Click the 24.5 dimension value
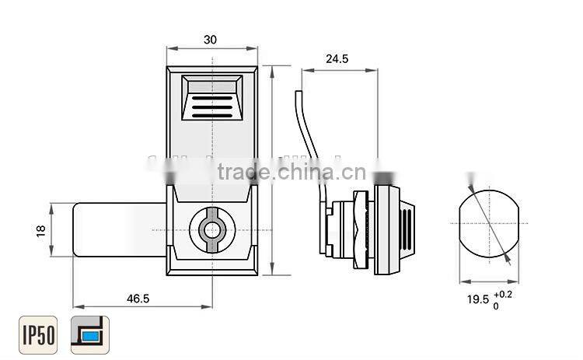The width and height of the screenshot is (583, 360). [338, 58]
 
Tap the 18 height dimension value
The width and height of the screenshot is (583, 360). [41, 229]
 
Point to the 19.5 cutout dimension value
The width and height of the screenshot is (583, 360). [477, 299]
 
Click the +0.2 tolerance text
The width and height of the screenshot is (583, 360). [502, 294]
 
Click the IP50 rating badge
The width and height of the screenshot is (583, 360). [38, 335]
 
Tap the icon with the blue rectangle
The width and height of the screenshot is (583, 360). [90, 335]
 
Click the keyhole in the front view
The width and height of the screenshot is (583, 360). [211, 230]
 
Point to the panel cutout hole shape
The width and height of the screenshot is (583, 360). [486, 227]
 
